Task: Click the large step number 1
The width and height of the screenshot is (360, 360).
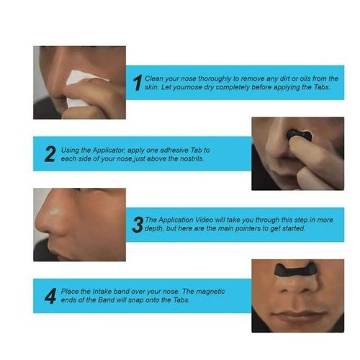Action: [x=137, y=83]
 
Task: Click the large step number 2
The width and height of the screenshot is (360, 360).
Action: [x=50, y=154]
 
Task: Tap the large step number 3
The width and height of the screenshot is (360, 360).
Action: [x=137, y=225]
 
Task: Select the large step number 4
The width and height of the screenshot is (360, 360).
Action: [x=50, y=296]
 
